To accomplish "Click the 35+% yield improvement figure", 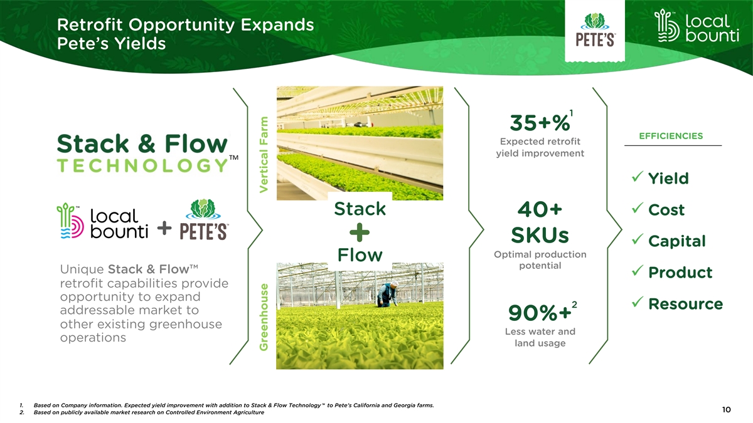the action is click(540, 123).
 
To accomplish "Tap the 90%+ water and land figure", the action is click(540, 313).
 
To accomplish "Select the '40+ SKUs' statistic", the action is click(540, 222).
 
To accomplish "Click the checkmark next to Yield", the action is click(638, 177).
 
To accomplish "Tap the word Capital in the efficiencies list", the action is click(676, 241).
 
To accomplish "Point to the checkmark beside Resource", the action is click(638, 302).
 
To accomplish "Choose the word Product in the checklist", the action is click(680, 272).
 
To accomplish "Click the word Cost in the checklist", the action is click(666, 210).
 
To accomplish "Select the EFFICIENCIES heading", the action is click(671, 136).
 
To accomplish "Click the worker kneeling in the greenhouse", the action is click(388, 294).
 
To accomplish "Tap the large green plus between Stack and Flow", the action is click(360, 232).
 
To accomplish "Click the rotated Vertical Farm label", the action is click(264, 155).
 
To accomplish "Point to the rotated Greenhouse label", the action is click(264, 317).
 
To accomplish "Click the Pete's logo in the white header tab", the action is click(595, 30).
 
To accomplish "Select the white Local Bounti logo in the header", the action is click(697, 26).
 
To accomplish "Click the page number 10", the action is click(726, 410).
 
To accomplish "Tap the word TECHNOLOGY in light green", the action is click(143, 165).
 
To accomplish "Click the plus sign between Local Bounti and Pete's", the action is click(164, 228).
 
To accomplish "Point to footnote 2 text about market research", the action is click(149, 412).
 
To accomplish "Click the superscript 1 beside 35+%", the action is click(571, 113).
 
